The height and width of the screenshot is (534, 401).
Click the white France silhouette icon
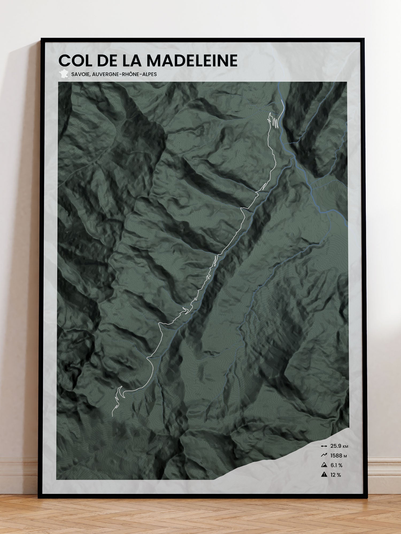click(64, 74)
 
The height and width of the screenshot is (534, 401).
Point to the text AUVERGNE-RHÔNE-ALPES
click(124, 74)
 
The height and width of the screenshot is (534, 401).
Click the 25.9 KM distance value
click(339, 446)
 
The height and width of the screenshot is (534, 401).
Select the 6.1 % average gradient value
click(336, 465)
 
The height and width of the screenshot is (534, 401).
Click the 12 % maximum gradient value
click(336, 475)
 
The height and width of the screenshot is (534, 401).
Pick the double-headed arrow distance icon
click(324, 446)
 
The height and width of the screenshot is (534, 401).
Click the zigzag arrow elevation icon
click(324, 455)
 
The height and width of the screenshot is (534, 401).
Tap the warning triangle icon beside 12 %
click(324, 475)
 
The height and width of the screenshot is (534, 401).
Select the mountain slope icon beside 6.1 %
click(324, 465)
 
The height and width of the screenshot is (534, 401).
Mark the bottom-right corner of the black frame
click(363, 497)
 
